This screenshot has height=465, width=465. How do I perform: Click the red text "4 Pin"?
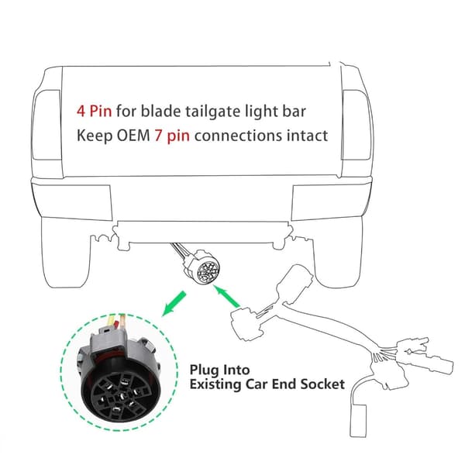tap(95, 111)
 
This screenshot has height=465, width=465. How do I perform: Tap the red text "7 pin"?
tap(172, 136)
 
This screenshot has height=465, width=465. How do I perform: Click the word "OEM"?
tap(133, 136)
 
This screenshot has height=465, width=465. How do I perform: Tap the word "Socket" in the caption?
tap(322, 384)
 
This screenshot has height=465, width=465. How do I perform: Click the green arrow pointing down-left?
tap(174, 303)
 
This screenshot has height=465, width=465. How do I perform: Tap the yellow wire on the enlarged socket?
tap(112, 320)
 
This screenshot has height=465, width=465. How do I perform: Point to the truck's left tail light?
tap(46, 125)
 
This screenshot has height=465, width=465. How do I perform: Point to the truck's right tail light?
tap(357, 125)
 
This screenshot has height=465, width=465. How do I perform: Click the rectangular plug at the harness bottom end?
tap(358, 421)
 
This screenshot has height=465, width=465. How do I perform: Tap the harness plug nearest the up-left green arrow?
tap(244, 324)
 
